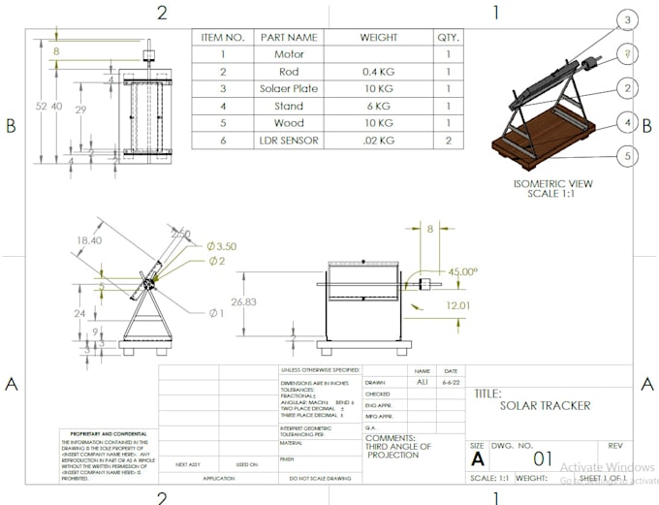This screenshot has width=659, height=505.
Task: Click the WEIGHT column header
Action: tap(378, 37)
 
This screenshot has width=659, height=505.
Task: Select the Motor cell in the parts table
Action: tap(289, 54)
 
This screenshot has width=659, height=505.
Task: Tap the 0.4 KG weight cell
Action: tap(378, 72)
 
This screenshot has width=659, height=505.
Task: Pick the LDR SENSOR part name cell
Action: tap(289, 142)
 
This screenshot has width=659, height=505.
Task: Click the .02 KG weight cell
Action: tap(378, 142)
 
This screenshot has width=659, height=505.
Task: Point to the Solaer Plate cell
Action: tap(289, 89)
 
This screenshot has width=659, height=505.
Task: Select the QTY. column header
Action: tap(448, 37)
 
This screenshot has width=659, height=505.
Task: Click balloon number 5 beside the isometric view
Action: tap(628, 155)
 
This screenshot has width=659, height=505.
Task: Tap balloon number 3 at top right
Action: tap(628, 20)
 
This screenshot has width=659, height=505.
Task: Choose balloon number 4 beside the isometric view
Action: tap(628, 123)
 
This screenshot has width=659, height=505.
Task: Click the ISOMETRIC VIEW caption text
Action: tap(553, 183)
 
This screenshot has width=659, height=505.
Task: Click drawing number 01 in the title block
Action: tap(543, 458)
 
